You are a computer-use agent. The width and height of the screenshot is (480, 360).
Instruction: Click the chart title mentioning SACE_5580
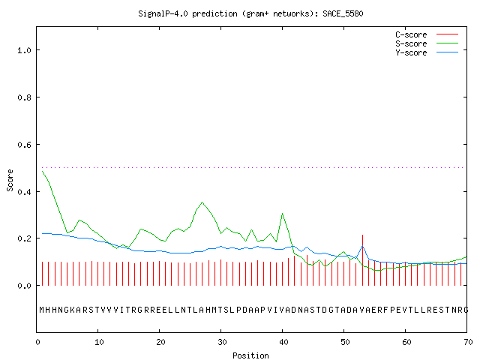(x=250, y=13)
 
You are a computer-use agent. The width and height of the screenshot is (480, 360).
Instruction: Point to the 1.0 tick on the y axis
(x=24, y=50)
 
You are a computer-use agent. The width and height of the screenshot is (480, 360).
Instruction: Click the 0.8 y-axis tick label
(x=24, y=97)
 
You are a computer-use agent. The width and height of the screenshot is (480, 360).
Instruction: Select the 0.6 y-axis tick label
(x=24, y=145)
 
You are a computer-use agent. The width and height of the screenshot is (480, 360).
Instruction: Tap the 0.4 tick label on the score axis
(x=24, y=192)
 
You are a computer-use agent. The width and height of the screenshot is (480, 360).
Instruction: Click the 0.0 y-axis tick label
(x=24, y=286)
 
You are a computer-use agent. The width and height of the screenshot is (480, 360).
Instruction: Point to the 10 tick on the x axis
(x=99, y=342)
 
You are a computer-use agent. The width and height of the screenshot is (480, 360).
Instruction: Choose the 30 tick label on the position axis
(x=222, y=342)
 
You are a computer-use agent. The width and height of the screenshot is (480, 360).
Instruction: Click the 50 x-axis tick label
(x=345, y=342)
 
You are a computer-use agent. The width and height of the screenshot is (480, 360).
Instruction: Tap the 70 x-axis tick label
(x=468, y=342)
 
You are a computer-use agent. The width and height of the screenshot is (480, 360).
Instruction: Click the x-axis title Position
(x=250, y=355)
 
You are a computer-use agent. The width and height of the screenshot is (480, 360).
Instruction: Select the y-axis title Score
(x=10, y=180)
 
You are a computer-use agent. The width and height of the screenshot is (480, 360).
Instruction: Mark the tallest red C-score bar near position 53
(x=362, y=260)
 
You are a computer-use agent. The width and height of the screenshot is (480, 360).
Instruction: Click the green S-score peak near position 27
(x=202, y=202)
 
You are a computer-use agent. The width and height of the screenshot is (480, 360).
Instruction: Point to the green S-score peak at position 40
(x=282, y=214)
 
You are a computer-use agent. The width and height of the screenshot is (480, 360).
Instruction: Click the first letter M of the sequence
(x=42, y=310)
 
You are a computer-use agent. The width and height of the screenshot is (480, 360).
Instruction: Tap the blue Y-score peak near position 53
(x=362, y=246)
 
